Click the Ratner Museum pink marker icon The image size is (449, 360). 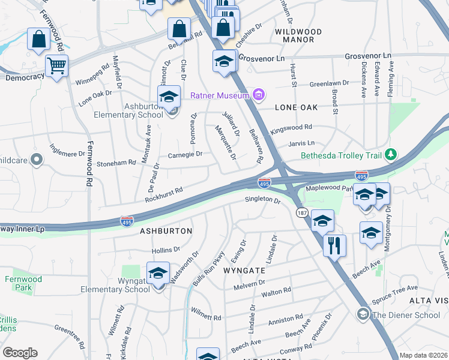(x=259, y=94)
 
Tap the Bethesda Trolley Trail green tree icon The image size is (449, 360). (x=391, y=155)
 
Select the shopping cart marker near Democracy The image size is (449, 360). (x=56, y=65)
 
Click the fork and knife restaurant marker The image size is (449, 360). (x=334, y=245)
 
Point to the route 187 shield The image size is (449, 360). (x=301, y=213)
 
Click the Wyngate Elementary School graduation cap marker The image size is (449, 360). (x=158, y=274)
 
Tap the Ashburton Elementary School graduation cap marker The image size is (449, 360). (x=169, y=97)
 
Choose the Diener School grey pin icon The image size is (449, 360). (x=362, y=314)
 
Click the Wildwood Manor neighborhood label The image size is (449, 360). (x=298, y=35)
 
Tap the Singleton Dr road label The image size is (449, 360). (x=263, y=200)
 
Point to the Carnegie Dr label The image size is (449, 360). (x=185, y=154)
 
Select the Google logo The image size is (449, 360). (x=20, y=353)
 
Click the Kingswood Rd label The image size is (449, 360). (x=292, y=127)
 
